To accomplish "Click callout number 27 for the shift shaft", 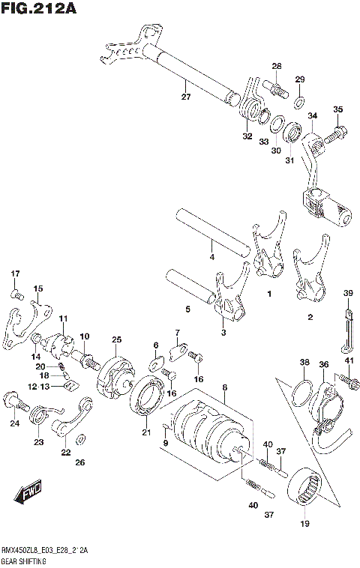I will [x=186, y=96].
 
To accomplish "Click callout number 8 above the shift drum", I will [x=224, y=387].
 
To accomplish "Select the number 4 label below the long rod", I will [x=211, y=257].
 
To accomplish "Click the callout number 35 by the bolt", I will [x=337, y=110].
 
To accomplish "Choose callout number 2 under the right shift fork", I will [x=310, y=317].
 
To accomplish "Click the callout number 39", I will [x=348, y=292].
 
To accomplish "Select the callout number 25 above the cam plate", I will [x=116, y=340].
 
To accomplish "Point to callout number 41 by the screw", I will [x=349, y=362].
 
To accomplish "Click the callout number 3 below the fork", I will [x=223, y=332].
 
